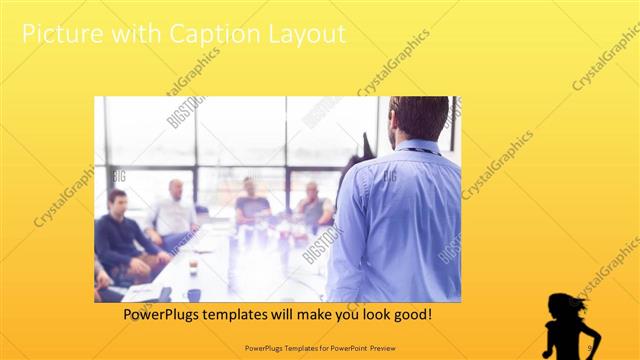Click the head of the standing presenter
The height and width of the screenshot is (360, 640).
coord(418,119)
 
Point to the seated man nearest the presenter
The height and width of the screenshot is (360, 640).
coord(314,204)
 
